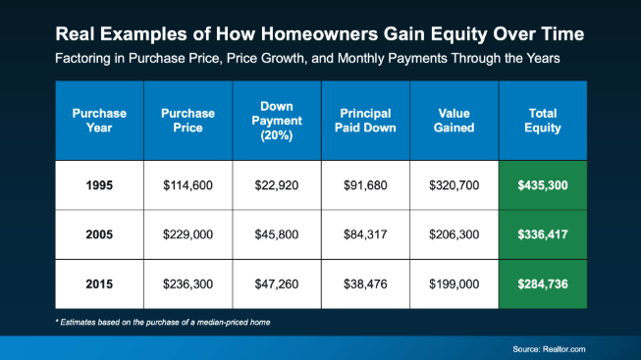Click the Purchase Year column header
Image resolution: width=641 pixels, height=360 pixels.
(99, 121)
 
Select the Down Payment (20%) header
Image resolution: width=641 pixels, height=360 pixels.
(277, 121)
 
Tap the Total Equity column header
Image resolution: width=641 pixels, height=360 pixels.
(543, 121)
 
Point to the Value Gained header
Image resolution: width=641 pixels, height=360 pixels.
(454, 121)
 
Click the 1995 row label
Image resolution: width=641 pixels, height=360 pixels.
(99, 185)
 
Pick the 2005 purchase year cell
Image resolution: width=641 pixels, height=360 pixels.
(99, 234)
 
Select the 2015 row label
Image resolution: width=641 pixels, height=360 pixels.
(99, 284)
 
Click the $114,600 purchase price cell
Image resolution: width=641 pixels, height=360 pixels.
(188, 185)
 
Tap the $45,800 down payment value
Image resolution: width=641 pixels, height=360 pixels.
(277, 234)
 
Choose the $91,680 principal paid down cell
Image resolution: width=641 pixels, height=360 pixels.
(365, 185)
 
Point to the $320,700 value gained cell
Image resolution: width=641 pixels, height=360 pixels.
(454, 185)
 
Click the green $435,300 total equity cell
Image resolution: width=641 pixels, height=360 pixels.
(543, 185)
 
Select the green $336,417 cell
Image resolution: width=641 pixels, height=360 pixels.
(543, 234)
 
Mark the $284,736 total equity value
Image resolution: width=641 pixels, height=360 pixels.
(543, 284)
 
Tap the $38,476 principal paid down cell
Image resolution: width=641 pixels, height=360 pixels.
(365, 284)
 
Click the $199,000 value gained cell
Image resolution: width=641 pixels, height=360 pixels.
(454, 284)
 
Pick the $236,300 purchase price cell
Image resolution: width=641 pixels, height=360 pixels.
(188, 284)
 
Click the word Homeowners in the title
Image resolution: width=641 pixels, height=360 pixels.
(319, 34)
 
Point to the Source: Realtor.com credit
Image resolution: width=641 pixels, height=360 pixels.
(549, 349)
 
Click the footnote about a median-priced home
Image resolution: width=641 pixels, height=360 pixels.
(163, 323)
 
